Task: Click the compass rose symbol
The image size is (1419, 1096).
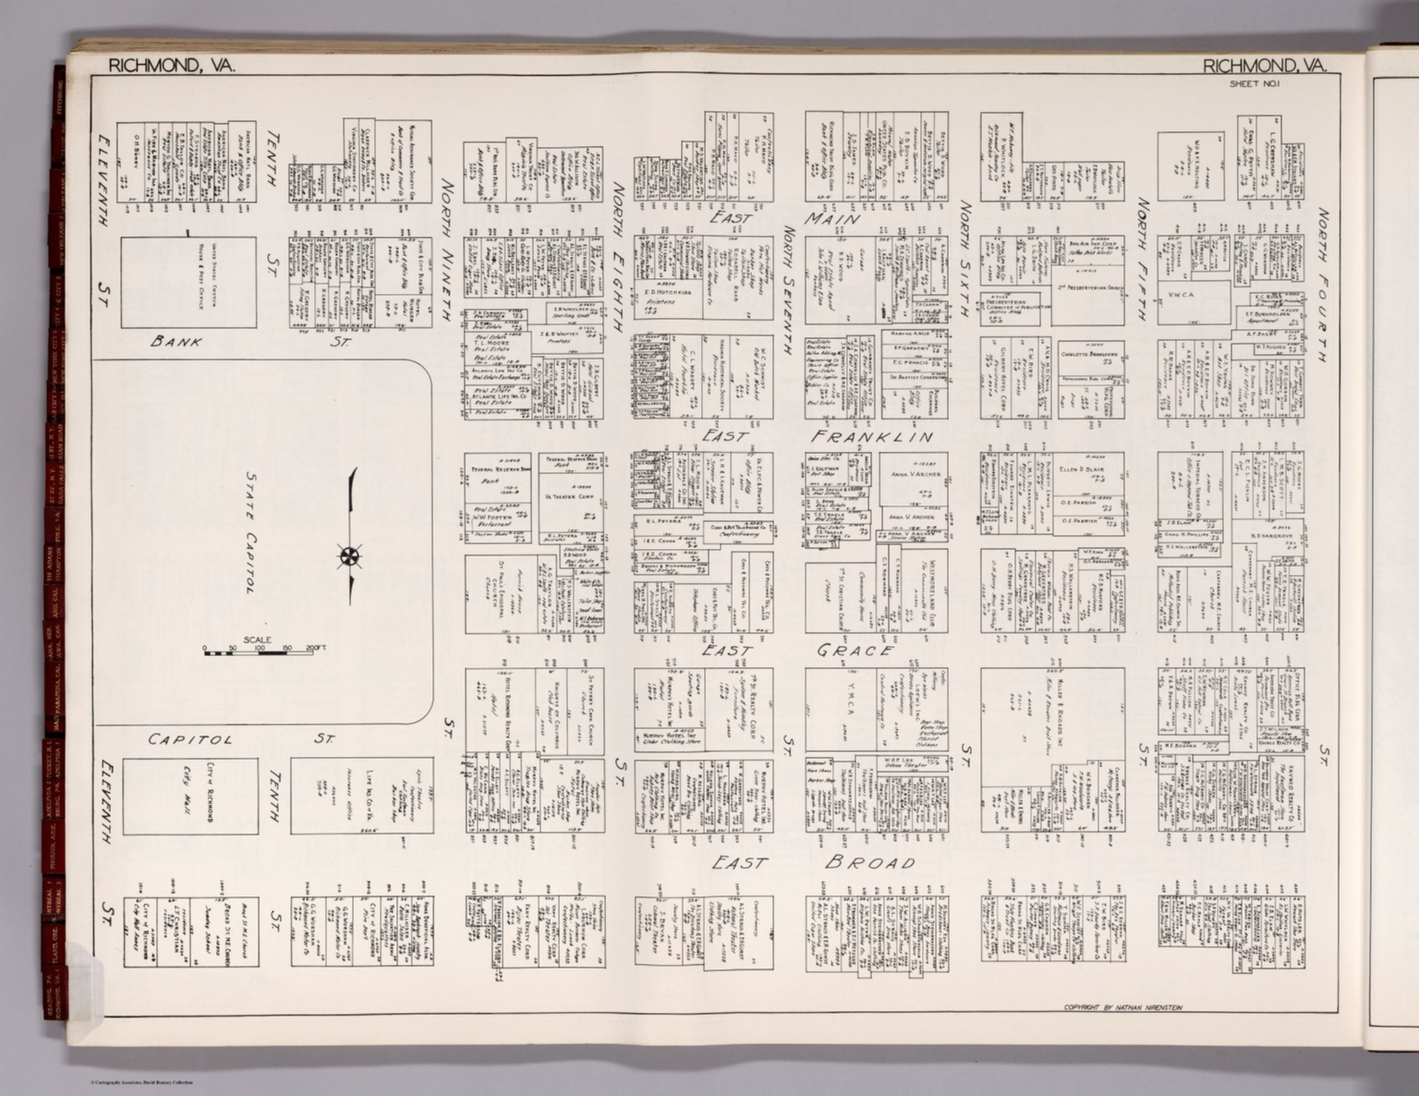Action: point(350,556)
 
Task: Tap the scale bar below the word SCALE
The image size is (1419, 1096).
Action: point(260,651)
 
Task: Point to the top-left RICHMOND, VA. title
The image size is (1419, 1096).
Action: point(172,66)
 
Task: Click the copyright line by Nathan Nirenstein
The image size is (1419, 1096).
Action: point(1122,1006)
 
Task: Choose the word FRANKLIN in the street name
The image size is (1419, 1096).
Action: point(872,436)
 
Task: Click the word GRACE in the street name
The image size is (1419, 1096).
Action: point(855,651)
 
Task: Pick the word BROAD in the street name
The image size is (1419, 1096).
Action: point(870,863)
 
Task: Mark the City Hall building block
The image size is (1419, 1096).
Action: point(190,796)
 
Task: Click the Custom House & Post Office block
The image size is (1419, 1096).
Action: point(190,282)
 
